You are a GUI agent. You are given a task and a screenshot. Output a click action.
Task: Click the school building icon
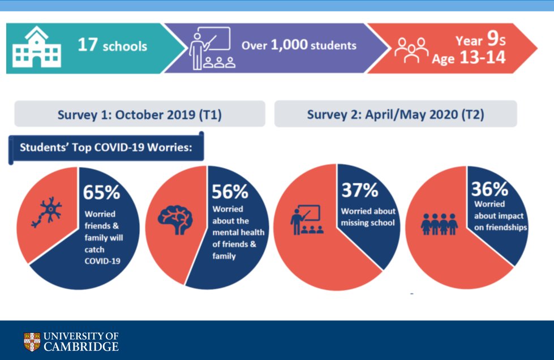(36, 48)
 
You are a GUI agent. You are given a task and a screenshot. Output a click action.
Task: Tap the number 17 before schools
(88, 45)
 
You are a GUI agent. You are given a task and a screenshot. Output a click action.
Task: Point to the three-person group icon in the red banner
(411, 50)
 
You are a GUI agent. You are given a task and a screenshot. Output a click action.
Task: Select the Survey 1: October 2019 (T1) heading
(139, 114)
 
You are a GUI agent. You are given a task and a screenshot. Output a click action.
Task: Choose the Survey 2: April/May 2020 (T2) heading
(395, 114)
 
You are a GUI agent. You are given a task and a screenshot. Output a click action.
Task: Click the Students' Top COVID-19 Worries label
(105, 148)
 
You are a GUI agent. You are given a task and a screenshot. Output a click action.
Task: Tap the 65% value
(102, 192)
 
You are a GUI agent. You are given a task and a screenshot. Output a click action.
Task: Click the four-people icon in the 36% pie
(439, 224)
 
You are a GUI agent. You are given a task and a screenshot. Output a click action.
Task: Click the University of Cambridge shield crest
(32, 341)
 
